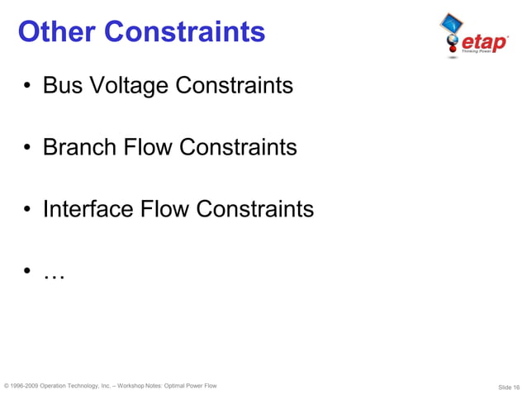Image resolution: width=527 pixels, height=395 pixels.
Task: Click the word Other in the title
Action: (x=58, y=32)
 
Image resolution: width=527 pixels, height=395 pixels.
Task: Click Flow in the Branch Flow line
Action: (x=149, y=147)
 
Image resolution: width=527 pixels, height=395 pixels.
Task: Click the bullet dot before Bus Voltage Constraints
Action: (x=28, y=87)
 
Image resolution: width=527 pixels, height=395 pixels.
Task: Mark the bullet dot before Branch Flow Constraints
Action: (x=28, y=149)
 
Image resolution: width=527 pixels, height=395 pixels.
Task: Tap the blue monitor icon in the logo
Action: (x=449, y=21)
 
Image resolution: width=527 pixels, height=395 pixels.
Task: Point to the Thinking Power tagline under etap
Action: (x=488, y=50)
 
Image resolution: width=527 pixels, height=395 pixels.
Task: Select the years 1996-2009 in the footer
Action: (x=23, y=386)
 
